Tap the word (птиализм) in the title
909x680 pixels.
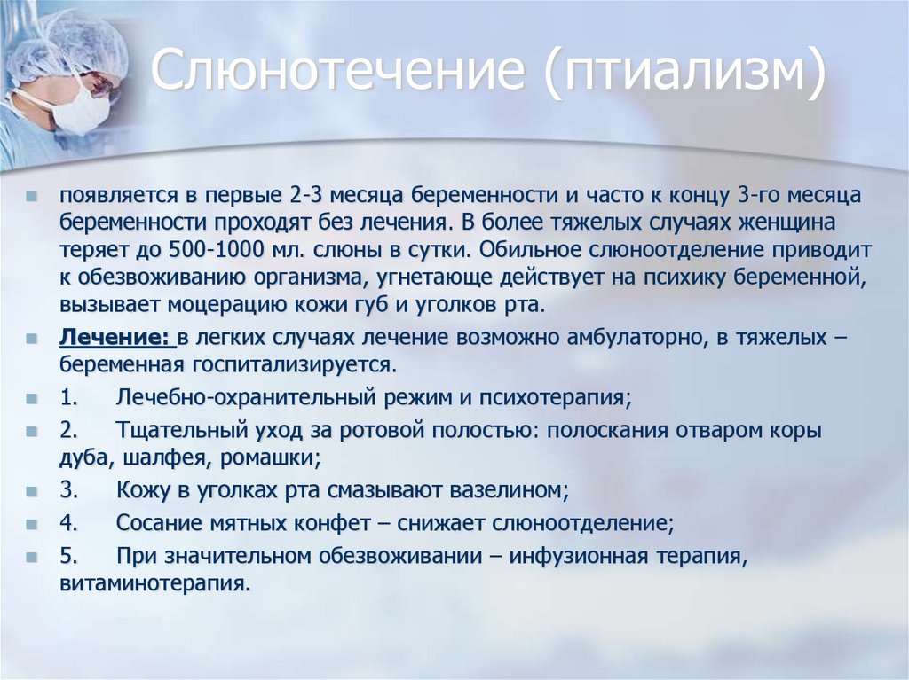point(685,71)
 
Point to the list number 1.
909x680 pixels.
point(68,397)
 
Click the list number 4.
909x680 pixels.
point(68,523)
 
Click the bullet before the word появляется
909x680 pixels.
point(31,196)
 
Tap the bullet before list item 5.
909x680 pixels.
point(31,557)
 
